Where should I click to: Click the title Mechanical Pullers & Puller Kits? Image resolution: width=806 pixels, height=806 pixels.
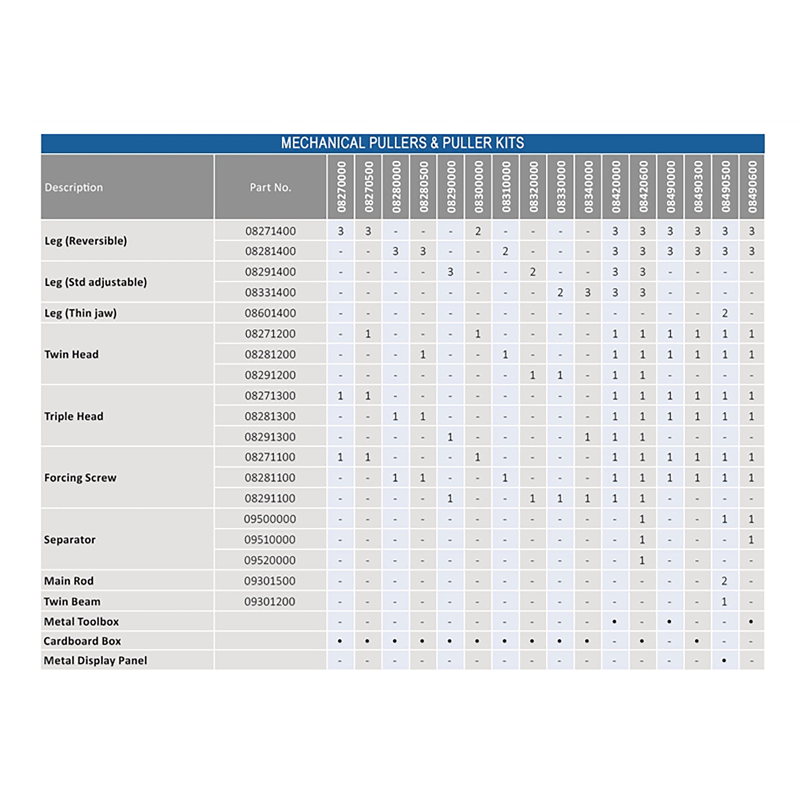coord(402,143)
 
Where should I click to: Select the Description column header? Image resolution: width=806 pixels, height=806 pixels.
coord(74,187)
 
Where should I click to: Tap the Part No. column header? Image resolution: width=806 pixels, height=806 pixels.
coord(270,187)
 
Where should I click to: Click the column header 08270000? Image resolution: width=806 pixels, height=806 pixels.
coord(341,187)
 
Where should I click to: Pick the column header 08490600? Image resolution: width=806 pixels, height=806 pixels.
coord(752,187)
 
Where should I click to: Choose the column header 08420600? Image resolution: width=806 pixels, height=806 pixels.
coord(642,187)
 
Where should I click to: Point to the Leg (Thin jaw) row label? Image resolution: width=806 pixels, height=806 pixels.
coord(81,313)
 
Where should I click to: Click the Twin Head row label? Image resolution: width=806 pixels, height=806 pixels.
coord(71,354)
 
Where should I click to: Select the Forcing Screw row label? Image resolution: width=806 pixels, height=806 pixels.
coord(80,478)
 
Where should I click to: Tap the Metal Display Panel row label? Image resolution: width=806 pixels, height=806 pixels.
coord(95,661)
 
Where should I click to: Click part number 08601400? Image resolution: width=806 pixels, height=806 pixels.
coord(270,313)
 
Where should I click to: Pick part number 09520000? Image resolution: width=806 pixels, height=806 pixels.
coord(270,560)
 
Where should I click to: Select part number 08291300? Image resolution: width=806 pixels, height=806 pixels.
coord(270,437)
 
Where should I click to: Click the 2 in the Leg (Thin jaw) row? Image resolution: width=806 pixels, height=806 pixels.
coord(725,313)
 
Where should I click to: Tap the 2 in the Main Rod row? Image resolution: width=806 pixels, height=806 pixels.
coord(724,581)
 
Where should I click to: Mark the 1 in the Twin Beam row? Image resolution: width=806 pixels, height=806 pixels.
coord(724,602)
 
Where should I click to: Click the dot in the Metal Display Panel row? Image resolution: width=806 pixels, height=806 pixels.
coord(724,661)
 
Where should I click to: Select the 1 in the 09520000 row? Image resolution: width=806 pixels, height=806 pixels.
coord(642,560)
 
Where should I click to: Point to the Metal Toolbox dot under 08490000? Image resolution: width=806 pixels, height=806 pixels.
coord(669,621)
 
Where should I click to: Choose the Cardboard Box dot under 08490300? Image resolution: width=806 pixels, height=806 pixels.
coord(697,641)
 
